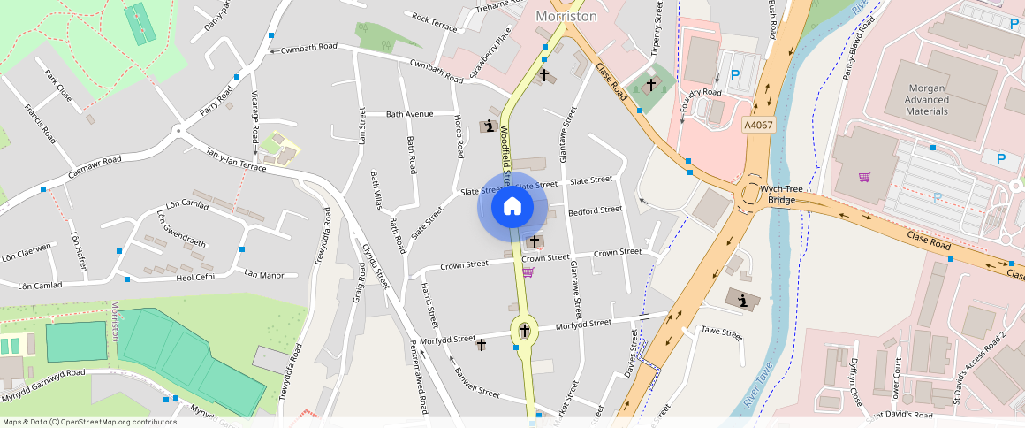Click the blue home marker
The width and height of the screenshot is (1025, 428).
(512, 207)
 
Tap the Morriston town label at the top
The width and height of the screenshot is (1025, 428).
(566, 17)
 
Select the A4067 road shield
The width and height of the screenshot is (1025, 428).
(758, 126)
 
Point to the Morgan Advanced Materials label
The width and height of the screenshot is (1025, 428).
(927, 99)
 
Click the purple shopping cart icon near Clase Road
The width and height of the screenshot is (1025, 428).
(864, 177)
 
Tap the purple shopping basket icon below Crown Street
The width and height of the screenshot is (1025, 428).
(528, 272)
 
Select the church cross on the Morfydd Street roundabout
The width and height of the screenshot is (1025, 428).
(525, 331)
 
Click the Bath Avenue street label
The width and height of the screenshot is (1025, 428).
(410, 114)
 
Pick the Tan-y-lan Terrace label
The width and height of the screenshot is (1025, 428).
(236, 159)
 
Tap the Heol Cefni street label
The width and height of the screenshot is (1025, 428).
(196, 277)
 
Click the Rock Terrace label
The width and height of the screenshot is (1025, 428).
(434, 21)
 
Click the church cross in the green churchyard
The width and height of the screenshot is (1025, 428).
(652, 84)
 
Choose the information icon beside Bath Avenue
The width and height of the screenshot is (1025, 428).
(487, 126)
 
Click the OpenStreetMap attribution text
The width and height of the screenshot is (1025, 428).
(88, 422)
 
